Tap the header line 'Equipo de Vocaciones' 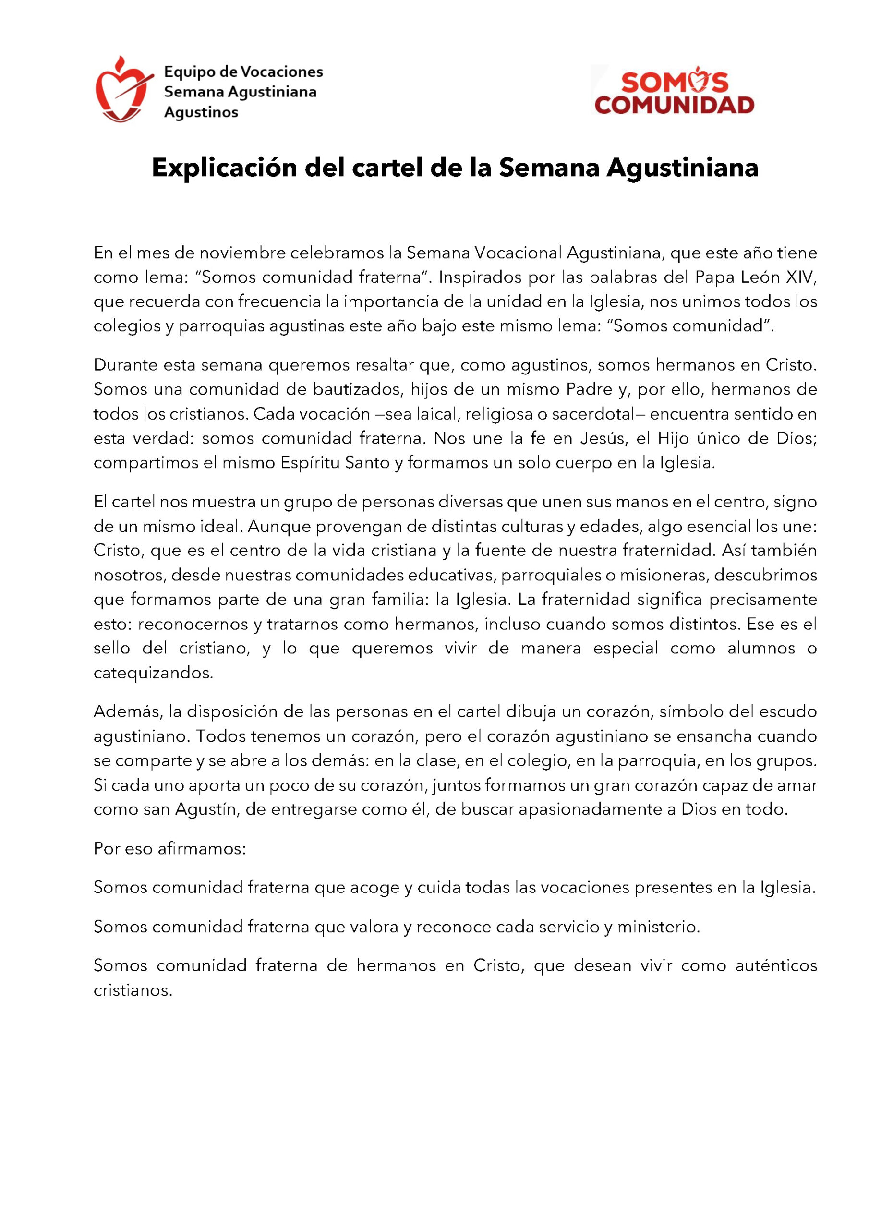pos(243,71)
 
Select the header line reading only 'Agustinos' pos(201,112)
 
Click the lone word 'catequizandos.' pos(154,674)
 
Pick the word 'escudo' pos(789,712)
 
